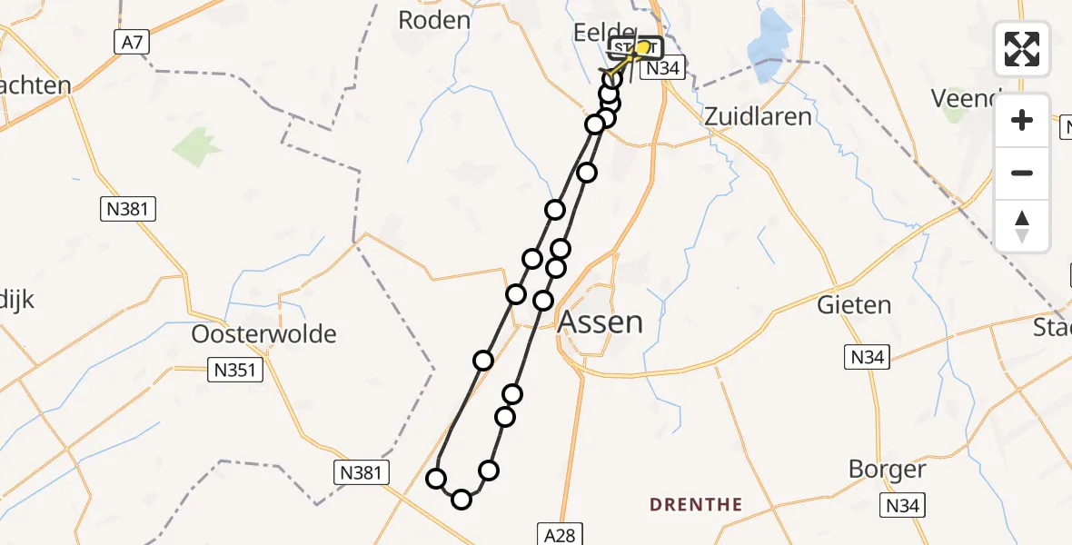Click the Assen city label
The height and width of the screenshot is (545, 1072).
(x=601, y=322)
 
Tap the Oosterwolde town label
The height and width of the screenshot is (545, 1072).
(x=263, y=333)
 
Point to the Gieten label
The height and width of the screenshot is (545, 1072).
(x=853, y=304)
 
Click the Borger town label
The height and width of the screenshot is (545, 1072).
(x=887, y=470)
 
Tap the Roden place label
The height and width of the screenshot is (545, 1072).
(x=435, y=20)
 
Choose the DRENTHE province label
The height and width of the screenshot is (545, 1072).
(x=697, y=505)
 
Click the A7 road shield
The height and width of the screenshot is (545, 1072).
(x=131, y=41)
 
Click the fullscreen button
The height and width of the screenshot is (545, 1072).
(x=1022, y=48)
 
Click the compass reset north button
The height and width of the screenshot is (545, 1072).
(x=1022, y=226)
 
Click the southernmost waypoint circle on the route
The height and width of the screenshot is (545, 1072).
(x=462, y=500)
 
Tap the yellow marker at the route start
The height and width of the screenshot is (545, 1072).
(x=644, y=47)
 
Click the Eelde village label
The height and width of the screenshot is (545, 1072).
(x=602, y=34)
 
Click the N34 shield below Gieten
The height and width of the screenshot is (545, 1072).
(x=866, y=358)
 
